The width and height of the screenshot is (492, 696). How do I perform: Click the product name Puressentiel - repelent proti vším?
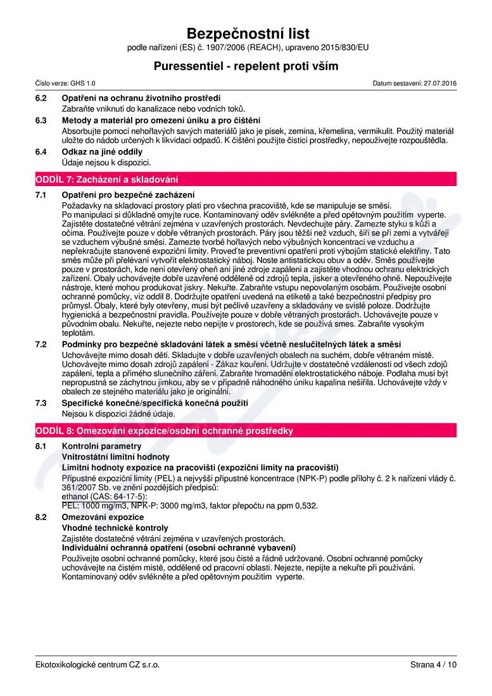tap(246, 66)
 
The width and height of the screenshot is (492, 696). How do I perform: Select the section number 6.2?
tap(41, 99)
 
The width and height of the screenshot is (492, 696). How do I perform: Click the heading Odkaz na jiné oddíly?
tap(102, 152)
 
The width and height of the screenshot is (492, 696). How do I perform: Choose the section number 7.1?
tap(41, 194)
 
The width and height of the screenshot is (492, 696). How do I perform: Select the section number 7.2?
tap(41, 344)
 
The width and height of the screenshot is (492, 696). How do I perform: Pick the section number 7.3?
tap(41, 402)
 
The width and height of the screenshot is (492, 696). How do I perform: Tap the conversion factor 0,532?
tap(305, 506)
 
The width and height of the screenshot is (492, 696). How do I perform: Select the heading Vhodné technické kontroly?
tap(115, 528)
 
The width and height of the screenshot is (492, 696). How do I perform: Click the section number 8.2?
tap(41, 517)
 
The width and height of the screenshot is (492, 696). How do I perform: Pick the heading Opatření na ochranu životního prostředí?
tap(141, 99)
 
